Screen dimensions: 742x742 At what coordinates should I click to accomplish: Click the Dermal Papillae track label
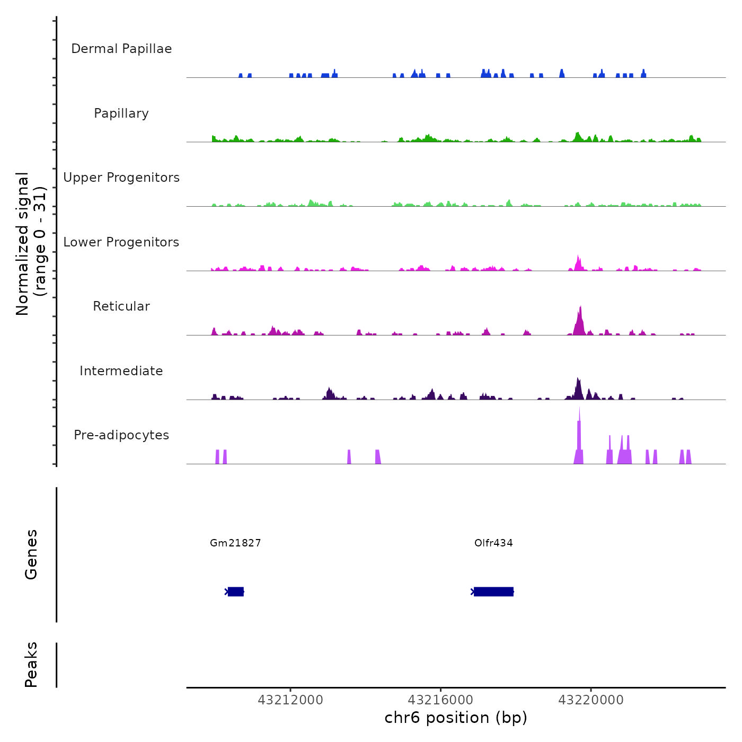pos(121,49)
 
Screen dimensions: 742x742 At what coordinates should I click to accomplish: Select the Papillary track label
pos(121,113)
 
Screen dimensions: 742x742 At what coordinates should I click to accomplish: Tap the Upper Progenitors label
pos(121,178)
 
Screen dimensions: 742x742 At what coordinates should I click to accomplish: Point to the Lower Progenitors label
pos(121,242)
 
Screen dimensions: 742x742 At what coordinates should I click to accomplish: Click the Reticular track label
pos(121,306)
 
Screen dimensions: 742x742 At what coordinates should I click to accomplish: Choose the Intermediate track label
pos(121,371)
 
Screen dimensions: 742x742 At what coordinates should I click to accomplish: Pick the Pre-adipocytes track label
pos(121,435)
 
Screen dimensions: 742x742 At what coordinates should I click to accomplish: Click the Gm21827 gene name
pos(235,543)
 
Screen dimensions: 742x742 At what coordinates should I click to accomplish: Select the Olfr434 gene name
pos(493,543)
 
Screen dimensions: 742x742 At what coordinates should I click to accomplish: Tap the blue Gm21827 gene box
pos(236,591)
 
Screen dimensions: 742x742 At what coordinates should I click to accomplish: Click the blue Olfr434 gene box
pos(493,591)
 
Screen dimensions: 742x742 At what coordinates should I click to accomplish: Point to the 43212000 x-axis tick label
pos(290,700)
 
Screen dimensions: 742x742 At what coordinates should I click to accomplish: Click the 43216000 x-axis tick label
pos(441,700)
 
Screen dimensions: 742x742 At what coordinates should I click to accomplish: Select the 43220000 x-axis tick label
pos(591,700)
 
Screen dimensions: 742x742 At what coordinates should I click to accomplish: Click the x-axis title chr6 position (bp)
pos(456,718)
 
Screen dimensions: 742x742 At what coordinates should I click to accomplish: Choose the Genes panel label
pos(31,554)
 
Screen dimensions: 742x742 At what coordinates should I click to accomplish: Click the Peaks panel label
pos(31,664)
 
